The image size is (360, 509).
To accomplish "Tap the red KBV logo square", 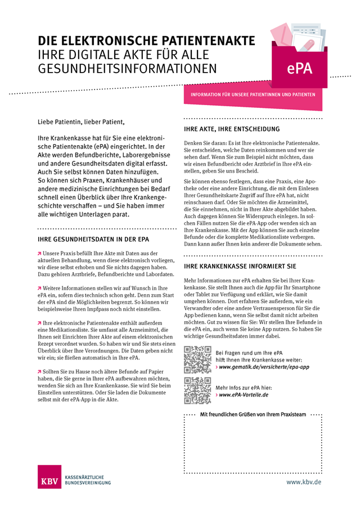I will (x=51, y=478).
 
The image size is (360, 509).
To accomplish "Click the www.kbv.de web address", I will (x=304, y=482).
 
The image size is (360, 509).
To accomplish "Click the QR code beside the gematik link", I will (x=197, y=360).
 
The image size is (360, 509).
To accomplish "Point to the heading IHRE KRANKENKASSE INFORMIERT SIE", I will (x=240, y=265).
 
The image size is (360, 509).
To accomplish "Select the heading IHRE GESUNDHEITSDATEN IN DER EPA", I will (x=92, y=239).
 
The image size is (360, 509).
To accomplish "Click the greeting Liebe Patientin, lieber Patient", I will (x=79, y=121).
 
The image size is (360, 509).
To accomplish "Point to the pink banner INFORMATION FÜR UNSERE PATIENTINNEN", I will (x=253, y=94).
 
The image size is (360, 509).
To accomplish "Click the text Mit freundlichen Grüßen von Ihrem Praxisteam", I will (x=253, y=415).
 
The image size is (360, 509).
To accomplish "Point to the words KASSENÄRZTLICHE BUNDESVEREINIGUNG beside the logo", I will (x=88, y=479).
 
